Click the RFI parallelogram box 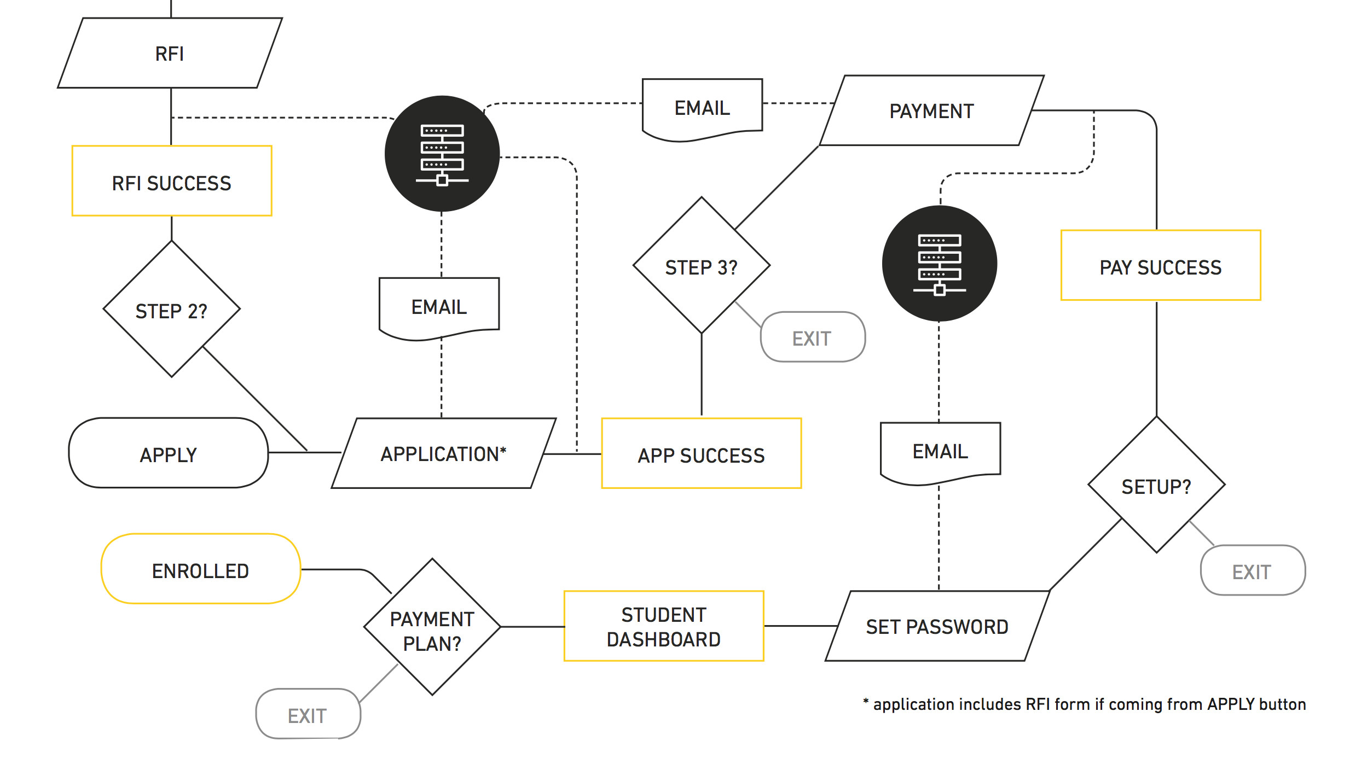[170, 53]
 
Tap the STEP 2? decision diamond [172, 310]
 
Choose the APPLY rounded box [169, 453]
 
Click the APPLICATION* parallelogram [443, 453]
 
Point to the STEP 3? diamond [702, 266]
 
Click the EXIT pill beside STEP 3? [813, 337]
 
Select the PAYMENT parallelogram [931, 111]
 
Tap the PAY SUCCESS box [1161, 266]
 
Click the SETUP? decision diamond [1156, 485]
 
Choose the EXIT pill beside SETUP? [1253, 571]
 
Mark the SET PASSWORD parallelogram [937, 626]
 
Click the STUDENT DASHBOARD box [664, 626]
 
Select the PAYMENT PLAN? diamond [432, 627]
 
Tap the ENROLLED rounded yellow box [201, 569]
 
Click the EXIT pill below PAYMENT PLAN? [308, 714]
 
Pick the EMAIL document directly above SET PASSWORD [940, 451]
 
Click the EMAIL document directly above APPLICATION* [439, 307]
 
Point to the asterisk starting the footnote [866, 701]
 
